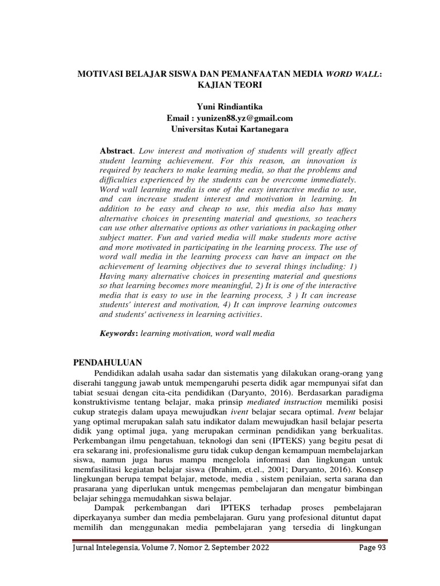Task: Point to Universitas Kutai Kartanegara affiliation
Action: point(229,129)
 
